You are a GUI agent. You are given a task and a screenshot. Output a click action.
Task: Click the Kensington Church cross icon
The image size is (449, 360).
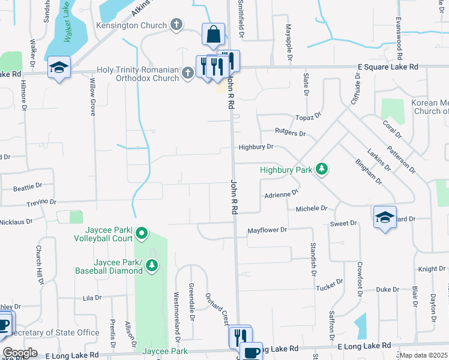click(176, 25)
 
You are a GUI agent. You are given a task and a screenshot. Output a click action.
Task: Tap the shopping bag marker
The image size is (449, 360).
click(213, 35)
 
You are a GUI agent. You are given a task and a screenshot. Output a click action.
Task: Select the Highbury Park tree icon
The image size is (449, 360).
click(322, 169)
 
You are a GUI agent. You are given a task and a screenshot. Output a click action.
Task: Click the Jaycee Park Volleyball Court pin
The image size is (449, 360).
click(142, 233)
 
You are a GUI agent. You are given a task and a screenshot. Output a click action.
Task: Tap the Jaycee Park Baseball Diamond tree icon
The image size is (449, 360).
click(152, 265)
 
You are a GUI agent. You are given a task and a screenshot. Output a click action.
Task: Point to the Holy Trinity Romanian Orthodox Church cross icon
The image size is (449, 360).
click(188, 73)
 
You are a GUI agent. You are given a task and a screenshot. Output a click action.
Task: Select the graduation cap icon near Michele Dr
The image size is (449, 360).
click(385, 218)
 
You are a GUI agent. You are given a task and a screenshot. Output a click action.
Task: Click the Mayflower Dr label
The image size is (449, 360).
click(267, 229)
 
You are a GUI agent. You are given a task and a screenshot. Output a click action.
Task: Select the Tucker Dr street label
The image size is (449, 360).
click(330, 284)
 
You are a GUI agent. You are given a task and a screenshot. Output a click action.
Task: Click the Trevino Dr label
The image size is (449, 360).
click(41, 202)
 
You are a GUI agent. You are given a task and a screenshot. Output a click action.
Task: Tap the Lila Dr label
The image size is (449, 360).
click(92, 298)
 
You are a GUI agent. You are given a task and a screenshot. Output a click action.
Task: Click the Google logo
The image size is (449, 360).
click(19, 353)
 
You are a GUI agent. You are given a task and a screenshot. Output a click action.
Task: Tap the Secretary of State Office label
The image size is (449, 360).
click(50, 332)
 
